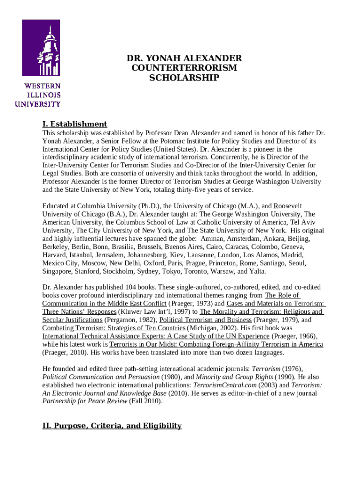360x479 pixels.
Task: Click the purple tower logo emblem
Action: (x=41, y=48)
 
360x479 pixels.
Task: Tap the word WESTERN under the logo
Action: (x=43, y=87)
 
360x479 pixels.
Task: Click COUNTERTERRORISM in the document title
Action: (x=184, y=68)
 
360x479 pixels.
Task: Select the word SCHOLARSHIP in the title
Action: (x=184, y=78)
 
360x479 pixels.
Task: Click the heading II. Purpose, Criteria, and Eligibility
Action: (x=112, y=425)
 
